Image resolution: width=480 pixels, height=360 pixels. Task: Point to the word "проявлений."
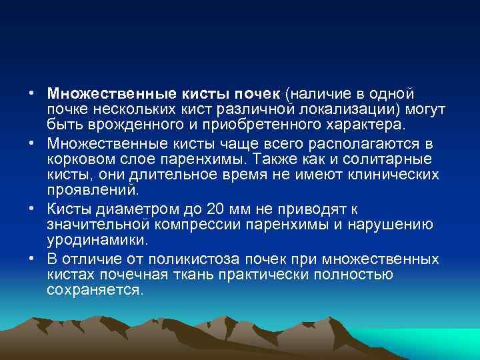point(93,190)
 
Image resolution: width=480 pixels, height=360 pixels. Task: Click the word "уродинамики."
point(97,239)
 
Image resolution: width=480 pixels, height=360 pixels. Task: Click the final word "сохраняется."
point(95,290)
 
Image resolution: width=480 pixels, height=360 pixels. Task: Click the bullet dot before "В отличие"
point(32,258)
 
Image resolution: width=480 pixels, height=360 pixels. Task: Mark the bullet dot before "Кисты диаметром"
point(32,207)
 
